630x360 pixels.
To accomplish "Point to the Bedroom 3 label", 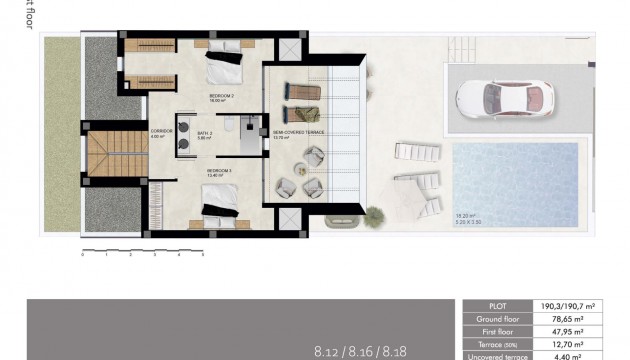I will coord(219,171).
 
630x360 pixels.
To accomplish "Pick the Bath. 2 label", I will coord(204,133).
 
